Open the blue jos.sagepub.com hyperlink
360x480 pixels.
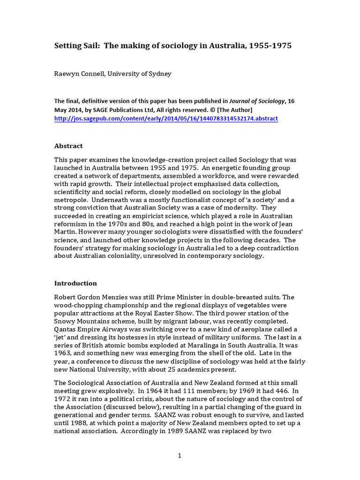(166, 119)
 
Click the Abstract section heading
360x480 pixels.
(68, 146)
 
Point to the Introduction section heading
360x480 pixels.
(75, 283)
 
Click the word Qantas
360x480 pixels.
(66, 330)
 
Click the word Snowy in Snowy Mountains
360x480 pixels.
(65, 321)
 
